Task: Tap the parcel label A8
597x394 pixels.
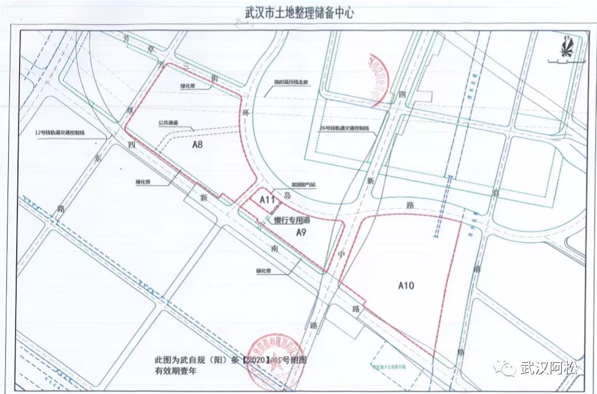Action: pyautogui.click(x=197, y=145)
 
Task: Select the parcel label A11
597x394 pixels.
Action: pyautogui.click(x=266, y=200)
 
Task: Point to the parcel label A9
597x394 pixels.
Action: pyautogui.click(x=300, y=232)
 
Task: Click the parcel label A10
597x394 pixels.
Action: pyautogui.click(x=406, y=284)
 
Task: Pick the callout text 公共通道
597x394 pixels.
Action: pyautogui.click(x=167, y=122)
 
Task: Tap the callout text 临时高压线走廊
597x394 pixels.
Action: pyautogui.click(x=292, y=90)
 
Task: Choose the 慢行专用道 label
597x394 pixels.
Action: pyautogui.click(x=292, y=220)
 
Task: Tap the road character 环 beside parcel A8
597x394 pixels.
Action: pyautogui.click(x=245, y=112)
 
